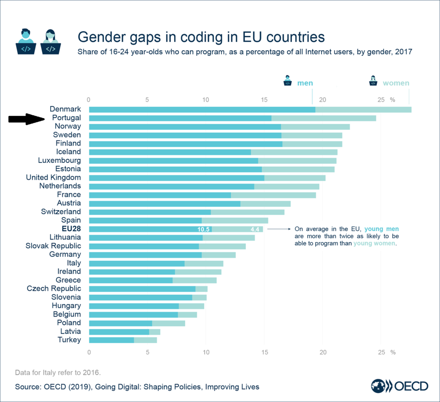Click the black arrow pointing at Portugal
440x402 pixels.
(x=26, y=119)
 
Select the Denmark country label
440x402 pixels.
(x=65, y=109)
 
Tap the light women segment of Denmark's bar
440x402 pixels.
(x=363, y=110)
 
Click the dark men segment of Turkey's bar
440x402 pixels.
(x=111, y=340)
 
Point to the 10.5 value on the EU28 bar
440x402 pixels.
(x=203, y=229)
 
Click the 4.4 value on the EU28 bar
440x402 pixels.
(x=255, y=229)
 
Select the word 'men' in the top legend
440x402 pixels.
(x=305, y=83)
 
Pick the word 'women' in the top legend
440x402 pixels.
(x=396, y=83)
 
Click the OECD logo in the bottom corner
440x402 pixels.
(x=400, y=386)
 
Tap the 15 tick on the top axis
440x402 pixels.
(x=264, y=100)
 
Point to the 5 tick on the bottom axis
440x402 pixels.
(x=147, y=352)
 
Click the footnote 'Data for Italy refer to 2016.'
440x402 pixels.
(x=57, y=372)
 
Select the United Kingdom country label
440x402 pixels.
(x=54, y=178)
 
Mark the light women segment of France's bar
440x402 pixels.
(x=273, y=195)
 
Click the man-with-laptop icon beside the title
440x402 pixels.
(x=26, y=41)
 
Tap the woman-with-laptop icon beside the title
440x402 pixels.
(x=50, y=41)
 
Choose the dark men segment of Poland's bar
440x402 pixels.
(x=121, y=323)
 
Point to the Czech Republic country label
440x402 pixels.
(x=54, y=289)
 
